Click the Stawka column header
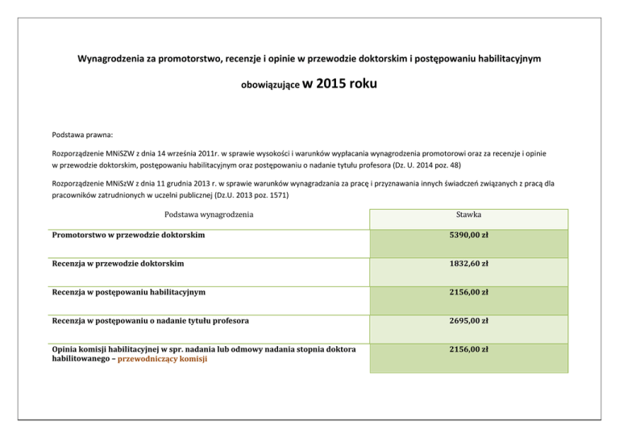tap(468, 216)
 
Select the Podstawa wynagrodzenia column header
tap(209, 215)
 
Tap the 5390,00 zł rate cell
tap(468, 236)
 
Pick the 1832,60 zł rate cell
tap(468, 264)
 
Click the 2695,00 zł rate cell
tap(468, 321)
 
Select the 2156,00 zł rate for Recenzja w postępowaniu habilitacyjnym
tap(468, 292)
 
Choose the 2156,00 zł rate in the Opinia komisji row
tap(468, 349)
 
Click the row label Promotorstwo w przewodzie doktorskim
tap(127, 235)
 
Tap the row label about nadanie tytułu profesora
tap(149, 321)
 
